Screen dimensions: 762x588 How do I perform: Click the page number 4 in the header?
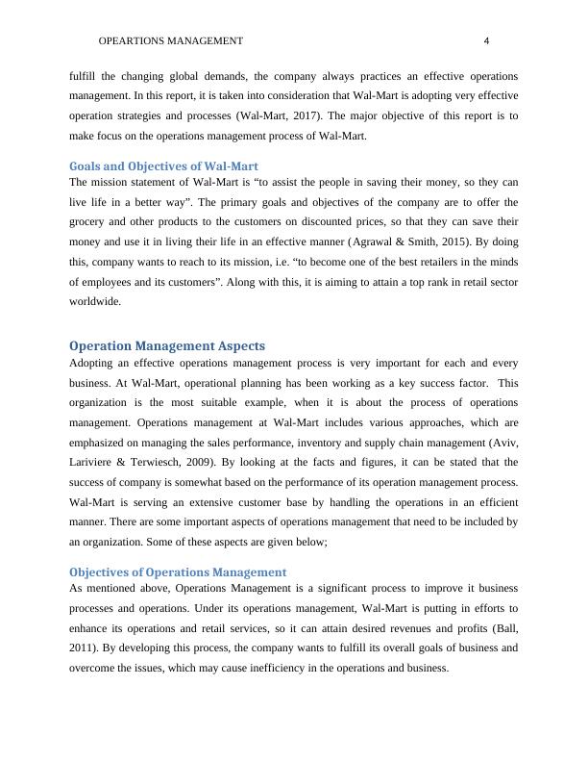[487, 41]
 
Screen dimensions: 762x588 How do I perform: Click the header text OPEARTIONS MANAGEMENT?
[171, 41]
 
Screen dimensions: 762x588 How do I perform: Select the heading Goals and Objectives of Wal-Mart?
[164, 166]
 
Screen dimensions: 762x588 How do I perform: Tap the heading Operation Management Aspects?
[167, 345]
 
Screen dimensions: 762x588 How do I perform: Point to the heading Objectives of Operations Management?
[178, 571]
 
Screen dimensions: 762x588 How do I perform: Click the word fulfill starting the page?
[86, 76]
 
